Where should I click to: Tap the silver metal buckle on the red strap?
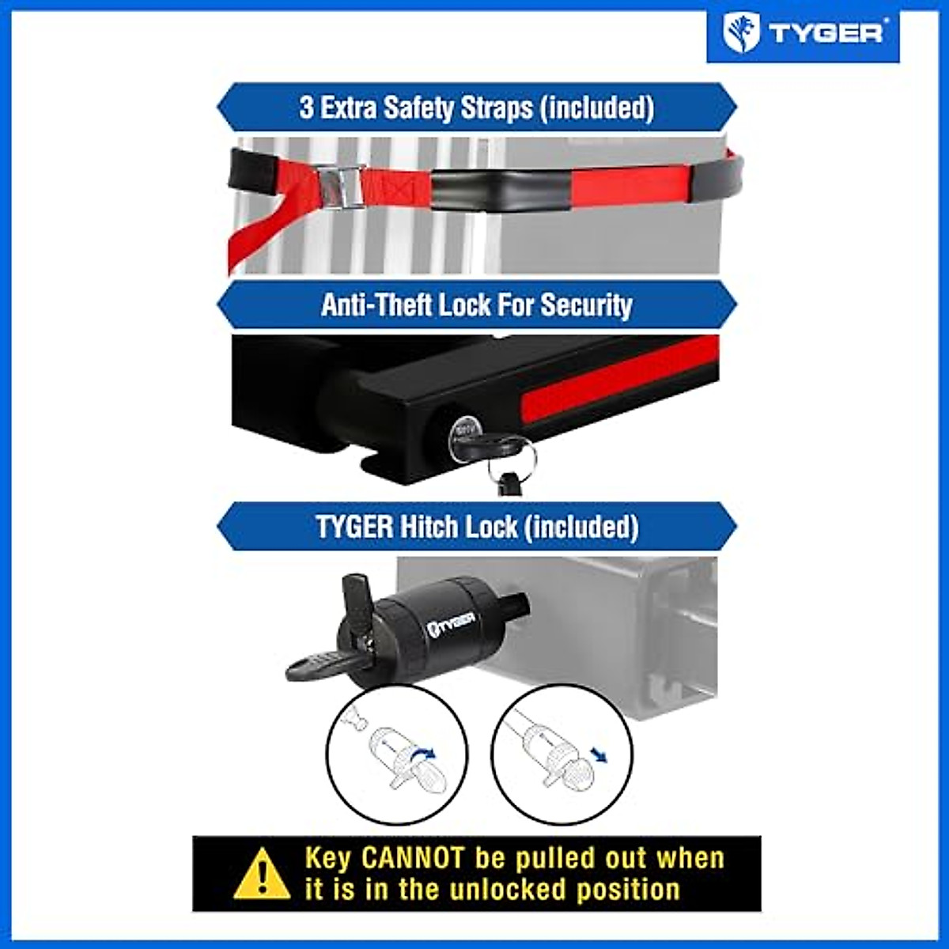[341, 187]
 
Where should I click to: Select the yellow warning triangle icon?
[262, 875]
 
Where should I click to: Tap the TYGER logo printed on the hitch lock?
[451, 625]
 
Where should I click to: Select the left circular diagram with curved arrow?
[397, 754]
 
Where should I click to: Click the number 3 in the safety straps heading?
[307, 108]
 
